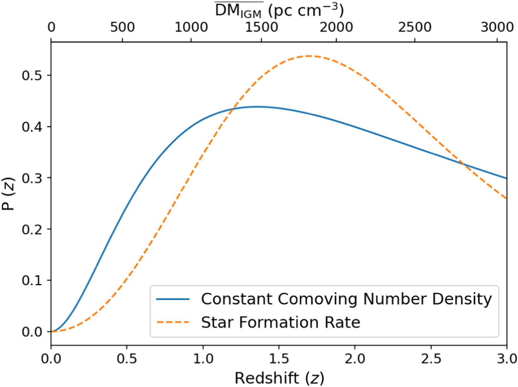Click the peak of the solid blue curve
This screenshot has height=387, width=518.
(257, 107)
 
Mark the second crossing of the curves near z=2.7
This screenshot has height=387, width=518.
(464, 164)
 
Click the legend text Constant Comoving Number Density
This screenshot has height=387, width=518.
(346, 299)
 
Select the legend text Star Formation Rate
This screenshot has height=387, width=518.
(280, 322)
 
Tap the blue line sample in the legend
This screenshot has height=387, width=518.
(173, 299)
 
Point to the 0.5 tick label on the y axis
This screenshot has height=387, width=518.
(32, 76)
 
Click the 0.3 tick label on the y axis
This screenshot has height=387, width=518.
(32, 178)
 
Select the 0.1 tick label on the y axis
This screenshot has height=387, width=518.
(32, 280)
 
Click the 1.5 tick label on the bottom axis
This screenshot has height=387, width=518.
(279, 359)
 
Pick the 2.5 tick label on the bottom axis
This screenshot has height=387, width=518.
(431, 359)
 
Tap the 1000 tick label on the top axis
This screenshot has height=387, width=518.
(191, 27)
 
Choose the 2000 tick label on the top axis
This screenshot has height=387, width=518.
(336, 27)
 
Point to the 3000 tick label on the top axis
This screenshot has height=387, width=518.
(497, 27)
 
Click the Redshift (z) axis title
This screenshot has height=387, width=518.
(279, 378)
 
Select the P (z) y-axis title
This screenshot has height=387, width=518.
(9, 194)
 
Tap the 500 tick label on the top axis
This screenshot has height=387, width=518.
(122, 27)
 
